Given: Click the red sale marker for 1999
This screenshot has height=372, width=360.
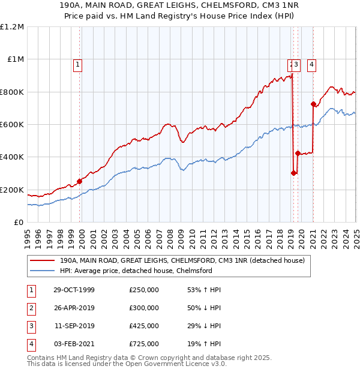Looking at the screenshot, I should click(x=80, y=181).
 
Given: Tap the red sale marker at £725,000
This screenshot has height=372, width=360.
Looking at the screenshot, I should click(x=313, y=104).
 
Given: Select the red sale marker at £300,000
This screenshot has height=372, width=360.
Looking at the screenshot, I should click(x=293, y=173).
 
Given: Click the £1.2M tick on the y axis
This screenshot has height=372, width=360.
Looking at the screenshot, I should click(x=11, y=27).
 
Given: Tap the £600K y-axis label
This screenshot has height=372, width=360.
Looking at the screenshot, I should click(x=12, y=125).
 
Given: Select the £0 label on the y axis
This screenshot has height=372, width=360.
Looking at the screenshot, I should click(x=19, y=223).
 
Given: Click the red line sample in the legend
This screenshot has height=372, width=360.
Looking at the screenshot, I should click(x=42, y=260).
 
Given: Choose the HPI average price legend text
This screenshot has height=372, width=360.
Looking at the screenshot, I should click(x=136, y=271).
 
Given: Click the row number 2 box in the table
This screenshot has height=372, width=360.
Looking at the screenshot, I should click(x=31, y=308).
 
